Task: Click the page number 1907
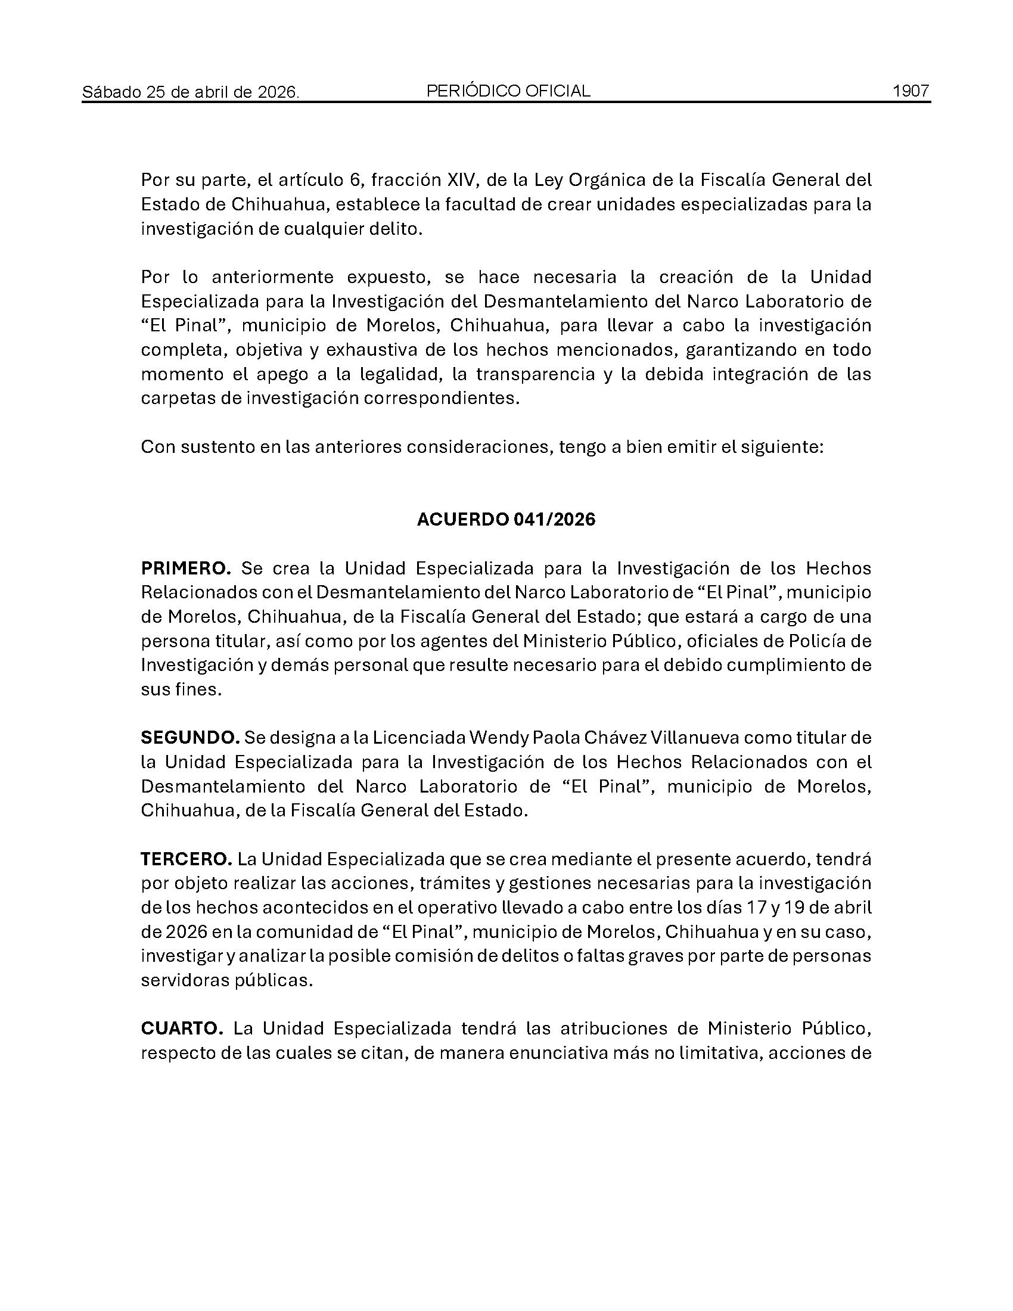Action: tap(911, 91)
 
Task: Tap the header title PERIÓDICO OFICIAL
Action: tap(508, 91)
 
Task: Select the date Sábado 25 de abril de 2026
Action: tap(191, 92)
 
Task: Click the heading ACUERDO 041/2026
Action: tap(506, 519)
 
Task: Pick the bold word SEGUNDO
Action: tap(190, 737)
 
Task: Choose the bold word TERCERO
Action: tap(186, 859)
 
